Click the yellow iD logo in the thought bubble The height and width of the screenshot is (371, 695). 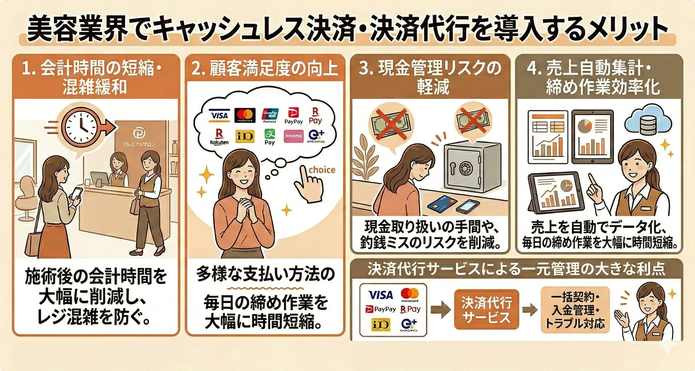pyautogui.click(x=245, y=136)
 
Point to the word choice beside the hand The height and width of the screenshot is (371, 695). pyautogui.click(x=322, y=170)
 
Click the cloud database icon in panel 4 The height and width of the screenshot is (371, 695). pyautogui.click(x=646, y=124)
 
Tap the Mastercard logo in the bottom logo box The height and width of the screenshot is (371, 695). pyautogui.click(x=409, y=295)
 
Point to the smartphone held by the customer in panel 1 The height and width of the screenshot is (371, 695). pyautogui.click(x=77, y=194)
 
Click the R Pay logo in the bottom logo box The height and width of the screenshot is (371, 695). pyautogui.click(x=410, y=309)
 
